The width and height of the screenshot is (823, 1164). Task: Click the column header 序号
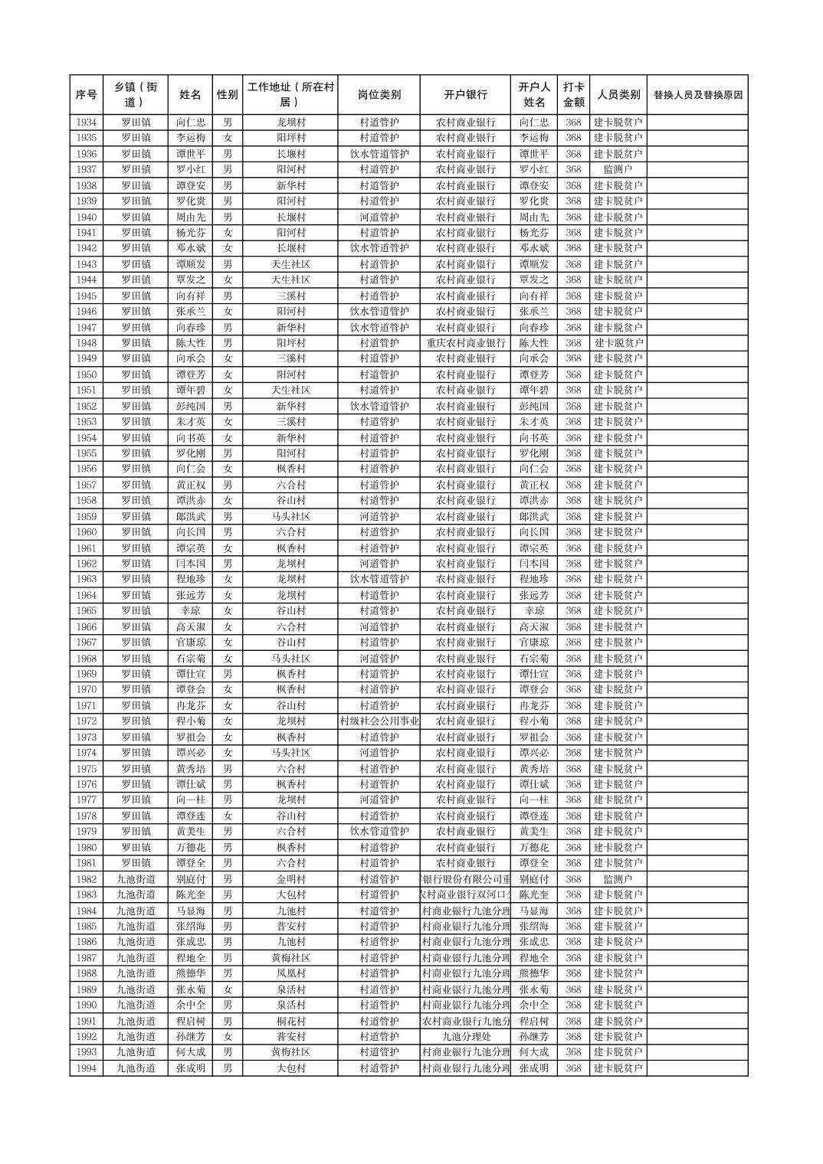87,95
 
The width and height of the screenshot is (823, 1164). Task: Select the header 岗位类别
379,95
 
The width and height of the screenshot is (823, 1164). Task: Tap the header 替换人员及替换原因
697,95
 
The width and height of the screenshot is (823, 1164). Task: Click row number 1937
87,169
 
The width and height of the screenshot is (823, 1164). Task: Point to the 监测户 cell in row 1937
618,169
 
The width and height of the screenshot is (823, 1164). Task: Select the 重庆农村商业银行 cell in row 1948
465,343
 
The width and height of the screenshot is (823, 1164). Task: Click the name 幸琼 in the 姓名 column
190,611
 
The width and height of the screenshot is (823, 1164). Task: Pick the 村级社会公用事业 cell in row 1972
379,721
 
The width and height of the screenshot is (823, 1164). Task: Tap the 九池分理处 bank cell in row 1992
465,1037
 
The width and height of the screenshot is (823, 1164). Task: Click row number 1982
87,879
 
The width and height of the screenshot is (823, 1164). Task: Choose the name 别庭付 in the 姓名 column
190,879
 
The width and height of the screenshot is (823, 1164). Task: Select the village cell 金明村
290,879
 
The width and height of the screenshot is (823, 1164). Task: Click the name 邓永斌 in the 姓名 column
190,248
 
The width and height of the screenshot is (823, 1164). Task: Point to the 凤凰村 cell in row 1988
290,974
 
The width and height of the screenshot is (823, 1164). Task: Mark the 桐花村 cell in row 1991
290,1021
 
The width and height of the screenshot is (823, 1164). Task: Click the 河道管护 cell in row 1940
379,217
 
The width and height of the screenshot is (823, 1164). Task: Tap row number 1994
87,1068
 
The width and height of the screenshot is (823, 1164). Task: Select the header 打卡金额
573,95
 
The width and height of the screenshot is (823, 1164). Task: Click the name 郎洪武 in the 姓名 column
190,516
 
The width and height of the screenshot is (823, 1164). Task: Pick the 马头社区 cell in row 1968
290,659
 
